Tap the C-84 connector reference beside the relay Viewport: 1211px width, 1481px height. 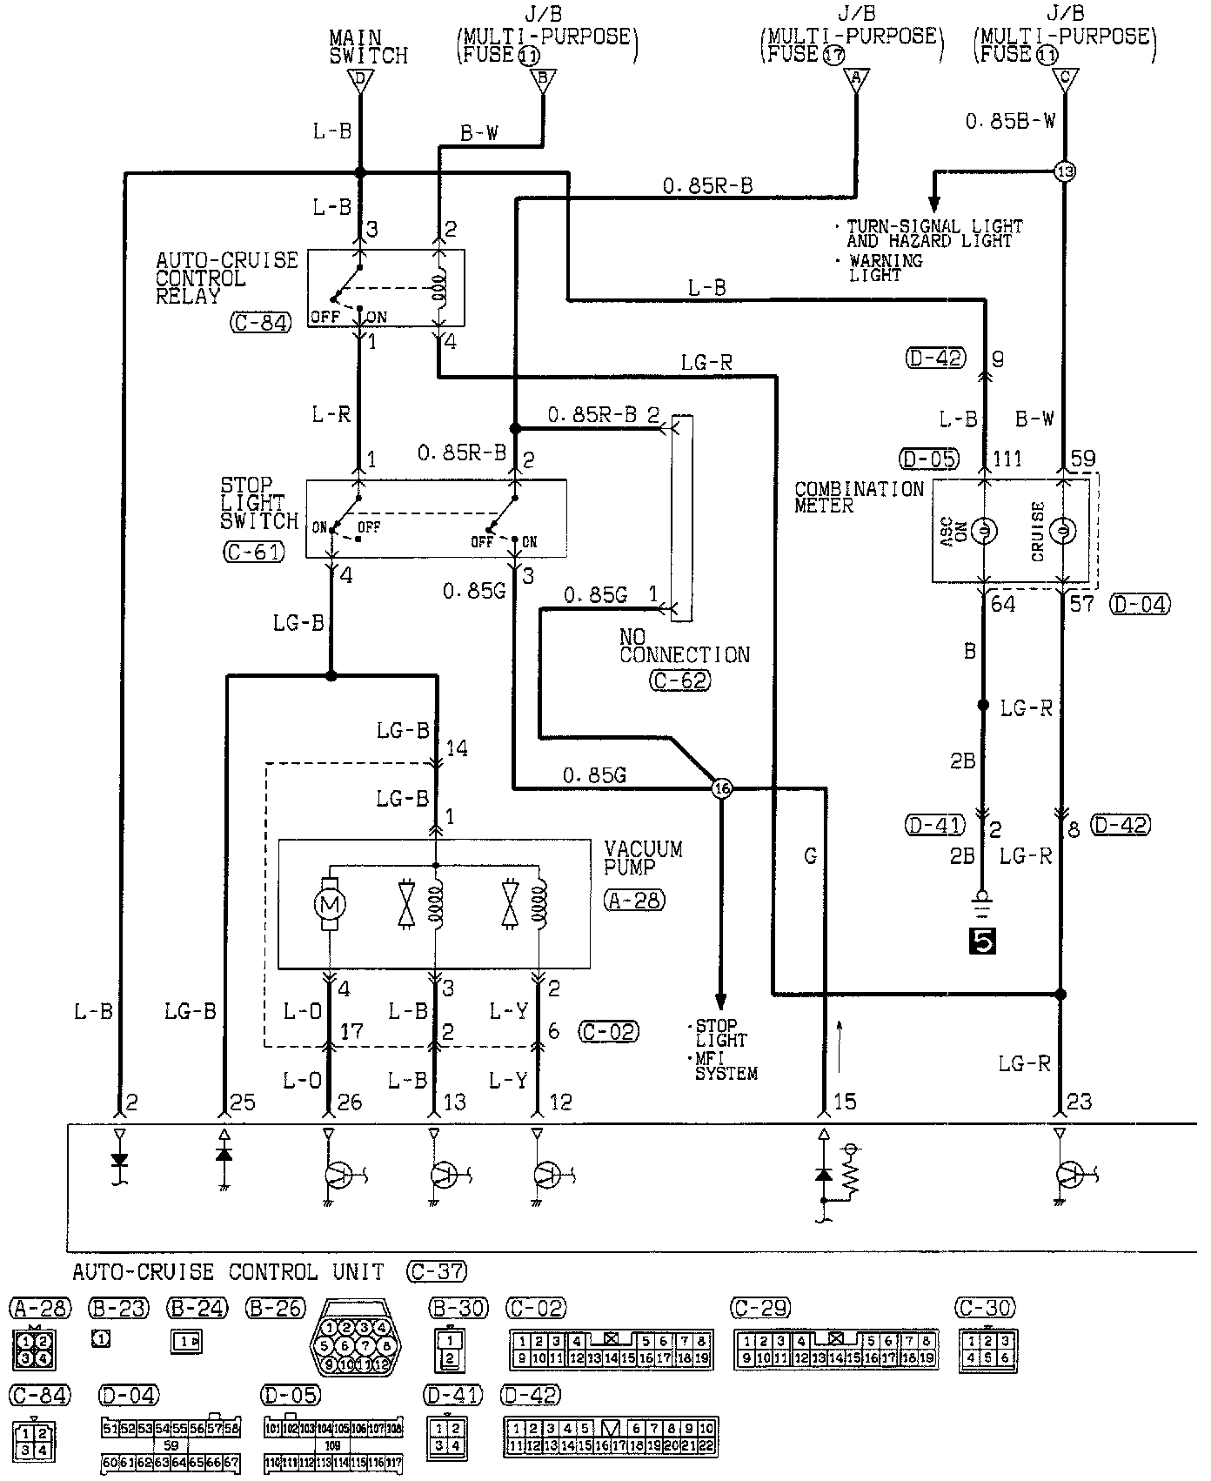point(260,323)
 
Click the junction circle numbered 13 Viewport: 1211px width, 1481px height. point(1064,171)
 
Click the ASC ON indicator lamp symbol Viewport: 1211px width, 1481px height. point(984,531)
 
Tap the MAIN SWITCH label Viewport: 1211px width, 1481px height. point(368,47)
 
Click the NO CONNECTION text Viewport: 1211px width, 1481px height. point(684,646)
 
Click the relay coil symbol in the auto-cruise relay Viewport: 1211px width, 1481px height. point(441,288)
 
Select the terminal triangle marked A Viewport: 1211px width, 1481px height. point(856,80)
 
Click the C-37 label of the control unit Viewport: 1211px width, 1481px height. point(436,1272)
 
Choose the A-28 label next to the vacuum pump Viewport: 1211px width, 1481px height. point(633,901)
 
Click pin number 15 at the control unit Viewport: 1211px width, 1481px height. point(844,1102)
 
